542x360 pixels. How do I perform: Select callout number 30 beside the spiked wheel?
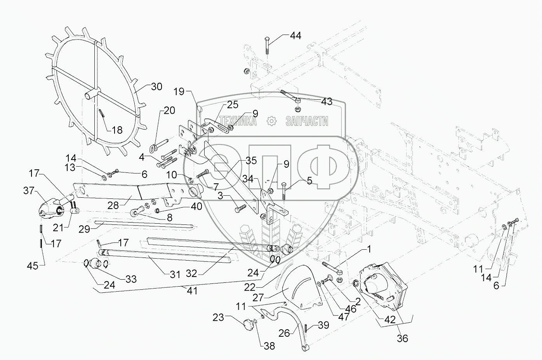(x=156, y=87)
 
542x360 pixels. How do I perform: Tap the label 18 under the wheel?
(x=117, y=130)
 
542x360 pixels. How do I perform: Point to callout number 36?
(x=402, y=338)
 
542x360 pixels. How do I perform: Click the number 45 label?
(x=33, y=266)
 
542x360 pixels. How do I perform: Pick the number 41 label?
(x=192, y=291)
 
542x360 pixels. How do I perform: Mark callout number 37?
(x=29, y=191)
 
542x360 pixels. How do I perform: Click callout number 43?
(x=327, y=102)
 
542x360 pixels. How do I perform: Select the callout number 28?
(x=113, y=205)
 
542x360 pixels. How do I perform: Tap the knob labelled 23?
(x=248, y=323)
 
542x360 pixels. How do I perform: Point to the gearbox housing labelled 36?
(x=383, y=286)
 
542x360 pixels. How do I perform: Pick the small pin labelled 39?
(x=306, y=328)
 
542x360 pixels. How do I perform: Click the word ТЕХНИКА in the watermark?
(x=238, y=121)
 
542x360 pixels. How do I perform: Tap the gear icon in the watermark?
(x=271, y=121)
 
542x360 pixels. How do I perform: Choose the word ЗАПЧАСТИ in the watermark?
(x=307, y=121)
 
